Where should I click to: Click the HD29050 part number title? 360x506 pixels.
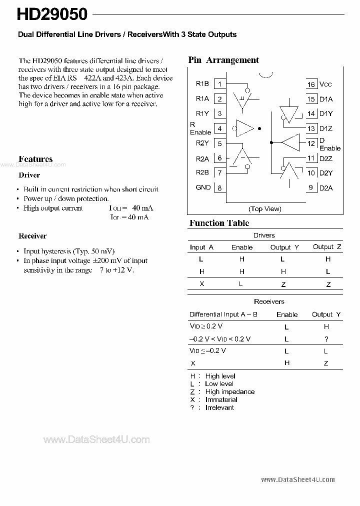[52, 14]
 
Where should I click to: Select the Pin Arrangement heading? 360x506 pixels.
[223, 60]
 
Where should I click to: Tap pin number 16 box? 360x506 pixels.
[311, 84]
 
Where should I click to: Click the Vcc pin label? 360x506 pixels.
[325, 84]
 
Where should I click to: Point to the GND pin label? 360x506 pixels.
[203, 187]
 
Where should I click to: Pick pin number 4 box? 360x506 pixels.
[219, 128]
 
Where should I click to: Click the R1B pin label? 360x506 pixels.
[202, 84]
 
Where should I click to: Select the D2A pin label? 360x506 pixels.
[326, 188]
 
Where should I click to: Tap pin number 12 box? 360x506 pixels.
[311, 143]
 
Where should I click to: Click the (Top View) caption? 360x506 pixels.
[265, 209]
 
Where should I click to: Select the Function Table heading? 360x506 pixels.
[219, 223]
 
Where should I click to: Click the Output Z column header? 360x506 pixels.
[327, 247]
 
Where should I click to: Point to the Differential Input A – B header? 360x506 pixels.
[223, 314]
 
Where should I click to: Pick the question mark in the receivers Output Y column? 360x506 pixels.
[326, 339]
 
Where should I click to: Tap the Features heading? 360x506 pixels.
[35, 159]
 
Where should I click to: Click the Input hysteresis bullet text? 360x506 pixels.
[69, 251]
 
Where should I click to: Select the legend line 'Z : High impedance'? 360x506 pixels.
[222, 392]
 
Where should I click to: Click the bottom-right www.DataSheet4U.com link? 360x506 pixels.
[298, 479]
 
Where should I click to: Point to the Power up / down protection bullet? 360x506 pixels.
[66, 198]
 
